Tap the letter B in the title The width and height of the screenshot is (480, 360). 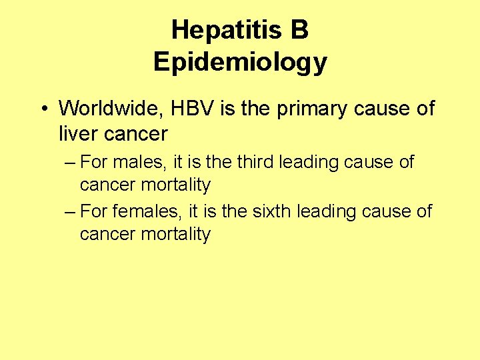click(x=299, y=30)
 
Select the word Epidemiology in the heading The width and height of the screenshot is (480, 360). click(x=240, y=62)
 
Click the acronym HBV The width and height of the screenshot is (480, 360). click(x=190, y=108)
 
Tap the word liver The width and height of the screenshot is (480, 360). click(x=77, y=133)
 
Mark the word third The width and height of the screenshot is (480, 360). click(x=253, y=162)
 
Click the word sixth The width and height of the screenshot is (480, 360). click(x=271, y=211)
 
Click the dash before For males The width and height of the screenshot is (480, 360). click(x=71, y=163)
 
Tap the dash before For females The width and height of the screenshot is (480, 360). click(x=71, y=212)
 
